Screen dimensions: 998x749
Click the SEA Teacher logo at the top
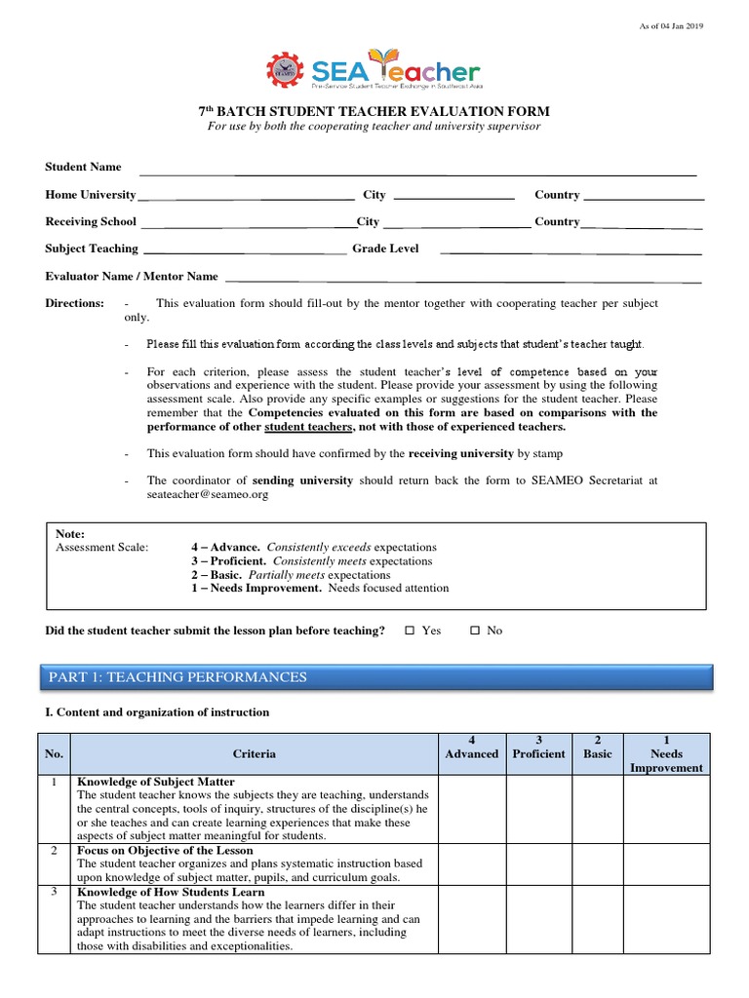[374, 70]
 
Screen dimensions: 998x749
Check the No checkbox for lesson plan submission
[475, 631]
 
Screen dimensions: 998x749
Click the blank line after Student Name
[417, 172]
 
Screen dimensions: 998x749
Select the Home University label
[91, 195]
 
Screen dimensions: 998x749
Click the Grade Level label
[385, 249]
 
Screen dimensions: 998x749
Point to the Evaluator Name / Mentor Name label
[132, 277]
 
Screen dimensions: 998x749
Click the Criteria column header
[254, 753]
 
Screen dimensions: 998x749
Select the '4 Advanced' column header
[471, 748]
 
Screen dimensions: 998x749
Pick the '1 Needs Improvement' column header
[666, 753]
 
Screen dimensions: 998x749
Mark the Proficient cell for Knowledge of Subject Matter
[537, 809]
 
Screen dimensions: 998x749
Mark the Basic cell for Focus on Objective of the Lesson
[597, 864]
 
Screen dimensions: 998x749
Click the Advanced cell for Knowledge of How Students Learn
[471, 919]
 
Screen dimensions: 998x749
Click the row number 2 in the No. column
[54, 851]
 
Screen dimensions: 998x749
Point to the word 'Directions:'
[74, 304]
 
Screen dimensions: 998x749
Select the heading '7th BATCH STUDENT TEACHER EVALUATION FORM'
[374, 111]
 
